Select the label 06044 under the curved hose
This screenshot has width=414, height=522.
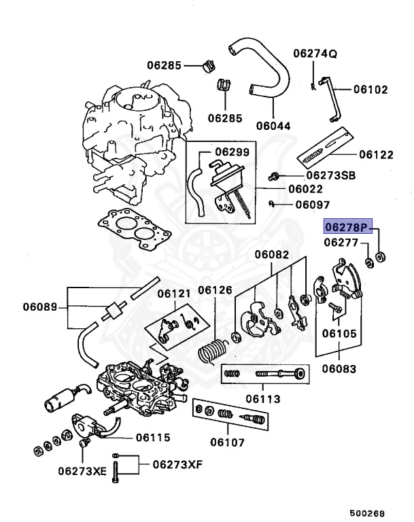273,125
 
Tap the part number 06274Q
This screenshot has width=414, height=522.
315,53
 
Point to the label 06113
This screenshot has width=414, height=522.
262,399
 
